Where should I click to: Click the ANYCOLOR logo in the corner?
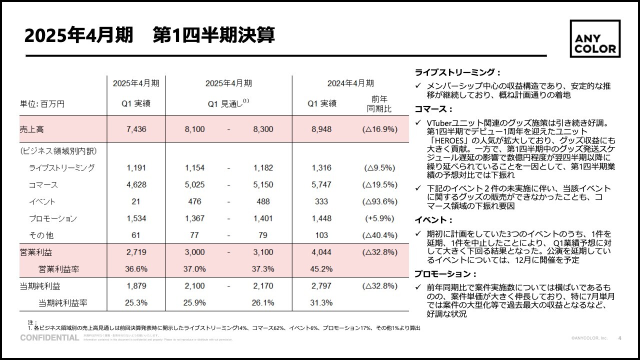click(x=595, y=39)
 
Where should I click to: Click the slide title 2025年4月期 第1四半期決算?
click(x=149, y=36)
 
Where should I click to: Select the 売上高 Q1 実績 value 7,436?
click(x=136, y=129)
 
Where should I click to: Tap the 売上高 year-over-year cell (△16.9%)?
click(x=380, y=129)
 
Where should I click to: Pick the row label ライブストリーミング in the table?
click(x=61, y=168)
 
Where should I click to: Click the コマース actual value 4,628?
click(x=136, y=185)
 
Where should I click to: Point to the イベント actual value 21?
click(x=136, y=202)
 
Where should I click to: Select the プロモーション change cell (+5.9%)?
click(x=380, y=218)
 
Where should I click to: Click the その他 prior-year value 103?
click(x=321, y=235)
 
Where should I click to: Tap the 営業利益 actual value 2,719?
click(x=136, y=252)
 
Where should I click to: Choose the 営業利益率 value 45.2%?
click(x=321, y=269)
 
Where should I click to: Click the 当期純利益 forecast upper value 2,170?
click(x=263, y=286)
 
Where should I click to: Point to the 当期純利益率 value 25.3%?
click(x=136, y=303)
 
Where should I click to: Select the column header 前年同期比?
click(x=379, y=103)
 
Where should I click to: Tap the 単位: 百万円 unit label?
click(x=42, y=104)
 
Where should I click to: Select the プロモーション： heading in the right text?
click(x=445, y=274)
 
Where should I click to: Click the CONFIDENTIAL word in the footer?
click(x=49, y=338)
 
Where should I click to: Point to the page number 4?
click(x=620, y=338)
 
